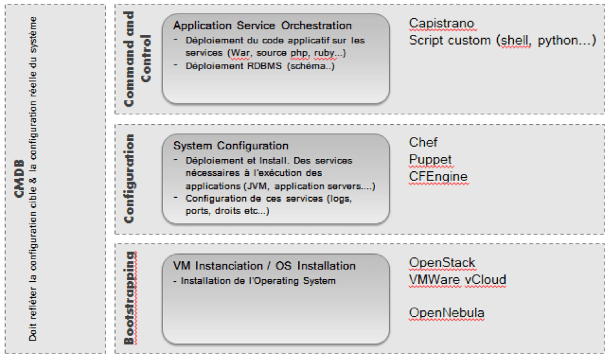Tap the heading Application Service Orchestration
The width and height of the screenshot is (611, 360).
(x=263, y=26)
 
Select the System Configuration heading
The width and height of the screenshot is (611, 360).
(x=231, y=145)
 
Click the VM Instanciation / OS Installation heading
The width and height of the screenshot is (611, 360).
(x=264, y=266)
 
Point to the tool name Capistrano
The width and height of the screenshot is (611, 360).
(x=442, y=24)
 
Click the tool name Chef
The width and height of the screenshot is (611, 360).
(x=423, y=142)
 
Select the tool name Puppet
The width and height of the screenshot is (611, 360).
(x=430, y=160)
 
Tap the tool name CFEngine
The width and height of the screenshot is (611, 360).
(x=438, y=176)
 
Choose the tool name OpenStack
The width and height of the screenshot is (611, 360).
(x=442, y=263)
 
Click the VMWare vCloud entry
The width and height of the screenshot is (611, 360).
(x=457, y=280)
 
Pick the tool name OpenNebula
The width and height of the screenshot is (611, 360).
(x=446, y=313)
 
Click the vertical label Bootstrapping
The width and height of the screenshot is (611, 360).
(x=130, y=297)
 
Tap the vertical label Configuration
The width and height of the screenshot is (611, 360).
(x=130, y=178)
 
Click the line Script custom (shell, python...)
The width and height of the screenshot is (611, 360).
(x=502, y=41)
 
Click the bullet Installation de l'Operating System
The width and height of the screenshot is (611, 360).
(x=258, y=281)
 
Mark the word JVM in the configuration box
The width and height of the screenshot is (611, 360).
(x=245, y=187)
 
